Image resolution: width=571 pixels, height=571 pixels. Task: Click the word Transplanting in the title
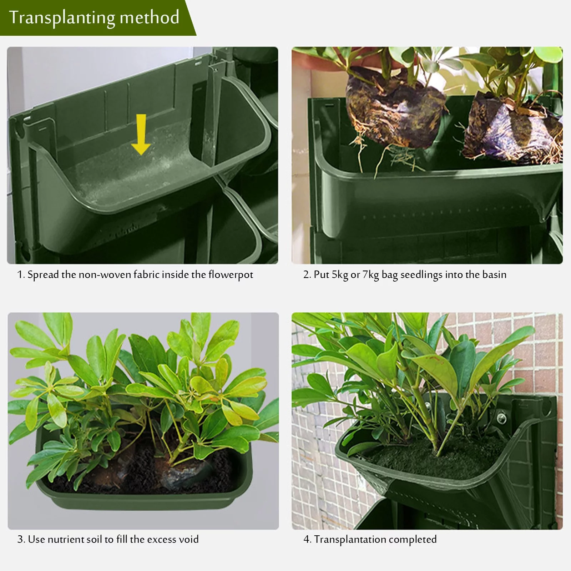(62, 18)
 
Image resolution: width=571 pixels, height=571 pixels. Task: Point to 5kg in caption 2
(340, 275)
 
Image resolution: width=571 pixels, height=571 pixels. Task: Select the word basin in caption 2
(494, 274)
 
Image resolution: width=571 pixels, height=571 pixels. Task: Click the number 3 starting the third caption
(20, 539)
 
